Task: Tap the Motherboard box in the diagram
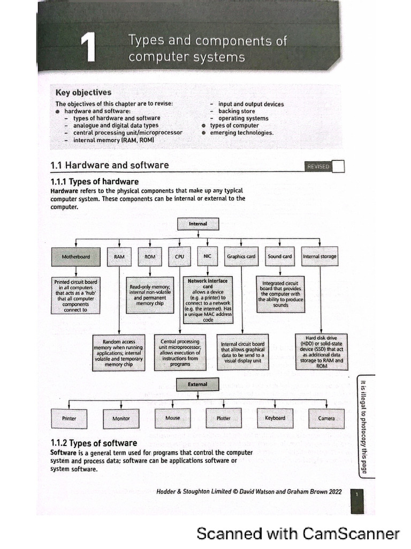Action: pyautogui.click(x=75, y=257)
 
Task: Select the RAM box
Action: pyautogui.click(x=119, y=257)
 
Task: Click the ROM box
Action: pyautogui.click(x=150, y=257)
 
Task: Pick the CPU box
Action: pyautogui.click(x=179, y=257)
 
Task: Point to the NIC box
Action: pyautogui.click(x=208, y=257)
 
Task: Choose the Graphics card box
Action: pyautogui.click(x=241, y=257)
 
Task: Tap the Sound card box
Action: pyautogui.click(x=280, y=257)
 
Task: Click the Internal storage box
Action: pyautogui.click(x=320, y=257)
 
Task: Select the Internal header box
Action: pyautogui.click(x=198, y=224)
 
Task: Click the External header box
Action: pyautogui.click(x=197, y=384)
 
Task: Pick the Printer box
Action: pyautogui.click(x=69, y=419)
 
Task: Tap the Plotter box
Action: pyautogui.click(x=223, y=419)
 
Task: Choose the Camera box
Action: pyautogui.click(x=326, y=419)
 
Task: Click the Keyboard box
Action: pyautogui.click(x=275, y=418)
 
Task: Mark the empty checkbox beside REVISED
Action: pyautogui.click(x=338, y=166)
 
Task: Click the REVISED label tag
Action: pyautogui.click(x=318, y=167)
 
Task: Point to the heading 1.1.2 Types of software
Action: pyautogui.click(x=94, y=443)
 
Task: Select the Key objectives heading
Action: pyautogui.click(x=83, y=92)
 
